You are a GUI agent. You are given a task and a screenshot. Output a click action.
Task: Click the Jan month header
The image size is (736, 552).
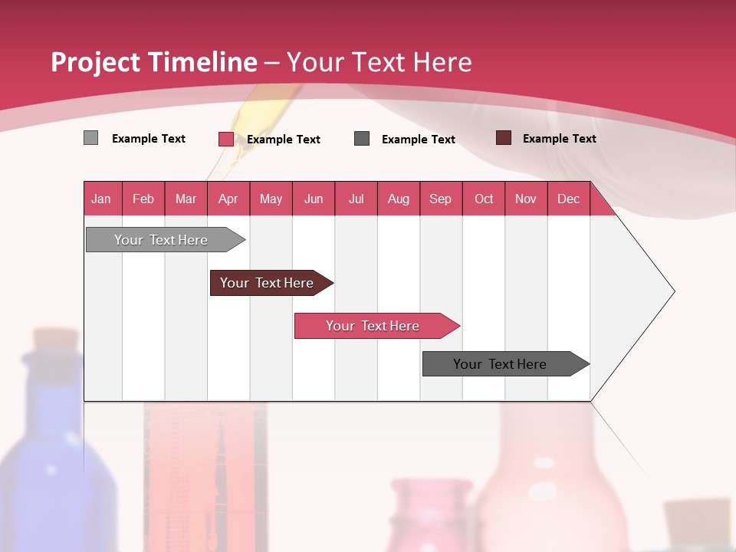pyautogui.click(x=101, y=199)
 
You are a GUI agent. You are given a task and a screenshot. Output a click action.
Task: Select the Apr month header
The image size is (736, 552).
pyautogui.click(x=228, y=199)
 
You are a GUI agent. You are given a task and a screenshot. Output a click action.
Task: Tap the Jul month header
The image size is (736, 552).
pyautogui.click(x=356, y=199)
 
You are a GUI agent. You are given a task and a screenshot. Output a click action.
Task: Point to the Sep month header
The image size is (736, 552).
pyautogui.click(x=440, y=199)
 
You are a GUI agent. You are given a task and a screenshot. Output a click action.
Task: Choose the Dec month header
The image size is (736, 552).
pyautogui.click(x=568, y=199)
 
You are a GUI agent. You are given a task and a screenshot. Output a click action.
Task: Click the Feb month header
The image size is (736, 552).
pyautogui.click(x=143, y=199)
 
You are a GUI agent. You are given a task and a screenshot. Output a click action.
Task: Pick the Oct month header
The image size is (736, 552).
pyautogui.click(x=484, y=199)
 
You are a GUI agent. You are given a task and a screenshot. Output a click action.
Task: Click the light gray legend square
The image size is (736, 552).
pyautogui.click(x=90, y=138)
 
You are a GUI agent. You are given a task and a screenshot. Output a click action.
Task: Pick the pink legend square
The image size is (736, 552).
pyautogui.click(x=225, y=139)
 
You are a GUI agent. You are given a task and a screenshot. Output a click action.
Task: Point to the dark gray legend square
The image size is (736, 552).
pyautogui.click(x=362, y=139)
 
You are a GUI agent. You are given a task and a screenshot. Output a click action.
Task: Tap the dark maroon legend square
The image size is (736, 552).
pyautogui.click(x=504, y=138)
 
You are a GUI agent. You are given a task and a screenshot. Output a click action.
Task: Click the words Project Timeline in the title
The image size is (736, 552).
pyautogui.click(x=153, y=62)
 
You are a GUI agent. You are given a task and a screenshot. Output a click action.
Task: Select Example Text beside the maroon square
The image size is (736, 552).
pyautogui.click(x=559, y=139)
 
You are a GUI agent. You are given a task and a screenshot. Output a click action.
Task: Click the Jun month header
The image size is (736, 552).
pyautogui.click(x=314, y=199)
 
